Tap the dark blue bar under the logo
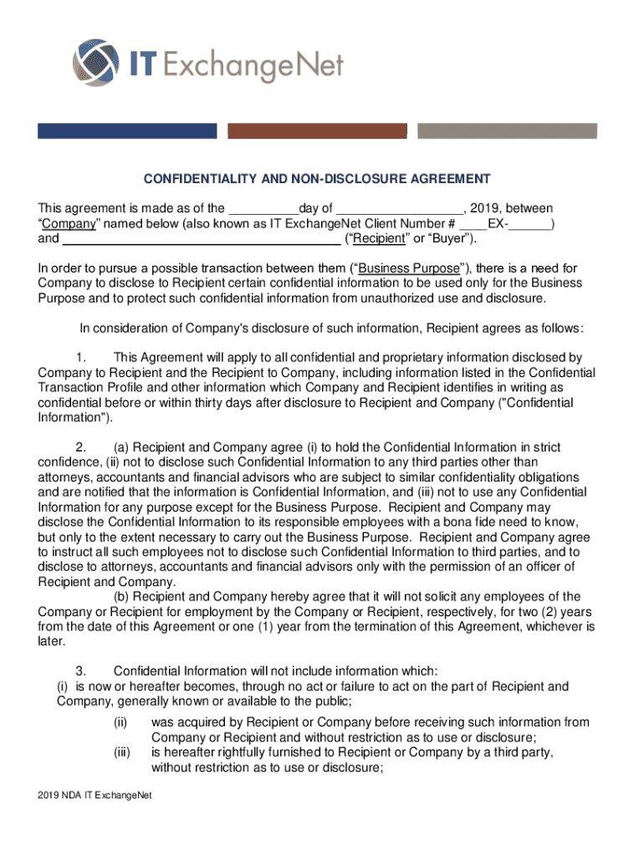click(x=127, y=131)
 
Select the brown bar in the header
click(x=317, y=131)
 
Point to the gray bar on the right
click(x=507, y=131)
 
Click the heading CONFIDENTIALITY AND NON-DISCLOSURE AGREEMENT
click(x=316, y=179)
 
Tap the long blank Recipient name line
click(x=202, y=240)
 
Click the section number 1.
click(x=81, y=358)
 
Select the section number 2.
click(x=81, y=448)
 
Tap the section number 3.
click(x=81, y=671)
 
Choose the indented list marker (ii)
click(x=122, y=722)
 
